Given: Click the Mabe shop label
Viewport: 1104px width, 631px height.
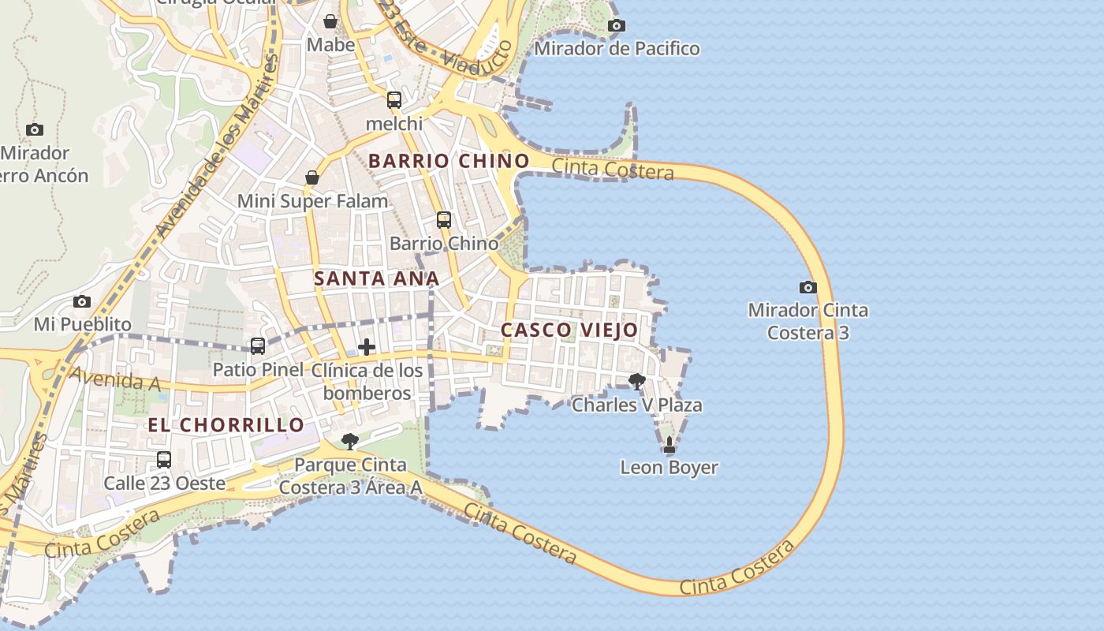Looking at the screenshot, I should pyautogui.click(x=331, y=45).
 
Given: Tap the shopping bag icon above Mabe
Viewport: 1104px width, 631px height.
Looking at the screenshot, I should pyautogui.click(x=330, y=21).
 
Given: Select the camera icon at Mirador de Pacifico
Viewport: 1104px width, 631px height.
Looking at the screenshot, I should pyautogui.click(x=617, y=25).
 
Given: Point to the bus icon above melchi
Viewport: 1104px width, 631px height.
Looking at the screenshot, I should pyautogui.click(x=394, y=100).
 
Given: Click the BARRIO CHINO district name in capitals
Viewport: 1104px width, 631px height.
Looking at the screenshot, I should pyautogui.click(x=449, y=161).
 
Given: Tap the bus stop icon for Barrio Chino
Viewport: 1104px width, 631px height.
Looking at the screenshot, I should pyautogui.click(x=444, y=220).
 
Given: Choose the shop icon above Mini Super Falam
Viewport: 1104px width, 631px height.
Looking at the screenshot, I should pyautogui.click(x=312, y=177).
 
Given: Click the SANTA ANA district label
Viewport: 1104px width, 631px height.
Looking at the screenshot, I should pyautogui.click(x=376, y=278).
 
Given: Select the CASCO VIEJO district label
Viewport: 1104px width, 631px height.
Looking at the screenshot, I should pyautogui.click(x=569, y=330).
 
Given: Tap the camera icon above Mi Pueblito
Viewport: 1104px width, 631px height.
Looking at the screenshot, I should pyautogui.click(x=82, y=301).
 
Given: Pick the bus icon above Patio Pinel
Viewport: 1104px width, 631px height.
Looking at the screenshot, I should pyautogui.click(x=258, y=346).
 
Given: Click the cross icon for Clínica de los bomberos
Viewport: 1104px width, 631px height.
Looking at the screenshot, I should pyautogui.click(x=367, y=347).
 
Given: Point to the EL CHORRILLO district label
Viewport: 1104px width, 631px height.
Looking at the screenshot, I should pyautogui.click(x=226, y=424).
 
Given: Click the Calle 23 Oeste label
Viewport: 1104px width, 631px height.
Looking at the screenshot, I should pyautogui.click(x=165, y=483).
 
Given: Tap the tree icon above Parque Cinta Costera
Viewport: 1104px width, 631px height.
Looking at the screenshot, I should pyautogui.click(x=350, y=441).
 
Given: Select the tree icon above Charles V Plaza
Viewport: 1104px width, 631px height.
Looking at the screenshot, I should pyautogui.click(x=637, y=382).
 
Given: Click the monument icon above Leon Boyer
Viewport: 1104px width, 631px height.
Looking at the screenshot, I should pyautogui.click(x=669, y=445).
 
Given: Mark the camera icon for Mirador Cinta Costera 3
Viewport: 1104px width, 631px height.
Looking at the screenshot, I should pyautogui.click(x=808, y=287).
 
